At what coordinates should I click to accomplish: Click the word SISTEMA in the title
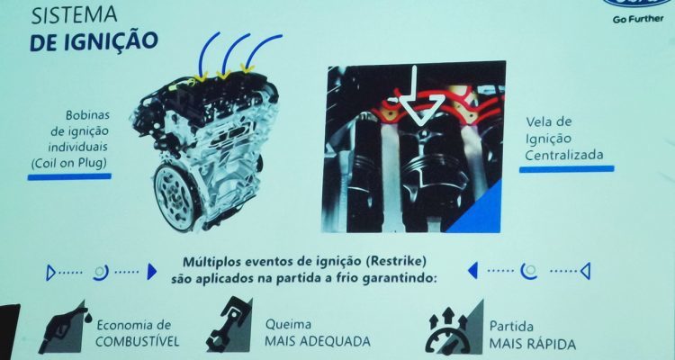(x=74, y=15)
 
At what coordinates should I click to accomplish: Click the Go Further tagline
(x=638, y=20)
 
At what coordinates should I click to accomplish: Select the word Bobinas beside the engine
(x=87, y=115)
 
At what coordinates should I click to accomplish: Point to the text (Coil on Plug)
(x=68, y=163)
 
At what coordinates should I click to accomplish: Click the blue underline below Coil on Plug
(x=69, y=176)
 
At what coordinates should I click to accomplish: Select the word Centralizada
(x=563, y=155)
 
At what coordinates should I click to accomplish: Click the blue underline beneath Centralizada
(x=566, y=169)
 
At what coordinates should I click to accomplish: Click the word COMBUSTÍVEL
(x=138, y=342)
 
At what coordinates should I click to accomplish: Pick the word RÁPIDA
(x=553, y=345)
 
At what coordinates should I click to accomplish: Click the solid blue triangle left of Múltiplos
(x=151, y=272)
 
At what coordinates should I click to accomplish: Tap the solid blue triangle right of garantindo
(x=472, y=271)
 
